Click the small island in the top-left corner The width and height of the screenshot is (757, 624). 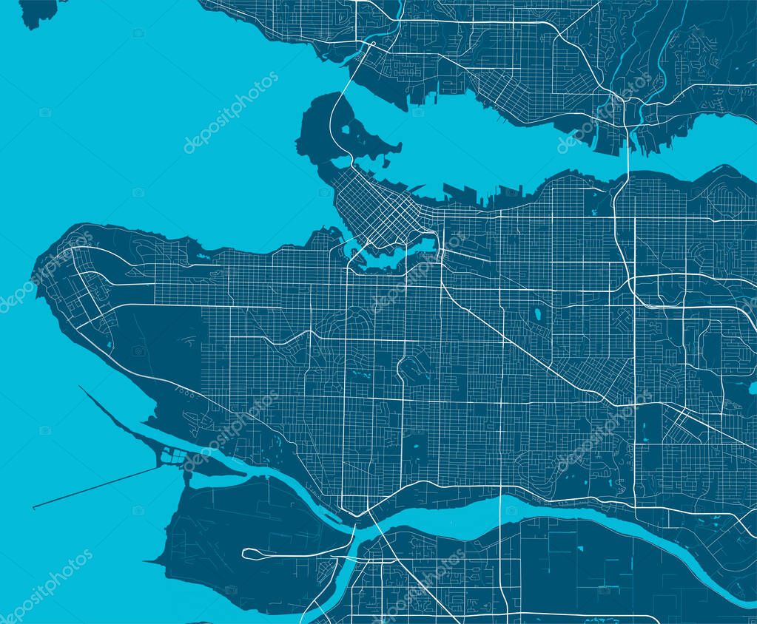tap(37, 11)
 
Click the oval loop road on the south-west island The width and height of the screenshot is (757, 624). tap(289, 552)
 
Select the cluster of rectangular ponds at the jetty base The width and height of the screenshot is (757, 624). tap(174, 456)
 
